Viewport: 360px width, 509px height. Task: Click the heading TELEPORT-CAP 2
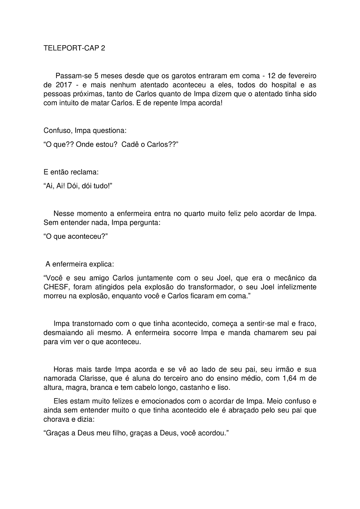74,48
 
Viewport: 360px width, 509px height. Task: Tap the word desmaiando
62,333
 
